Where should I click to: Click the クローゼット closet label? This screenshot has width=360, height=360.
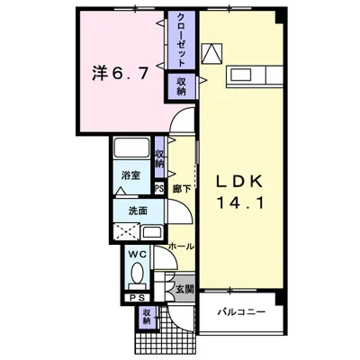tap(181, 40)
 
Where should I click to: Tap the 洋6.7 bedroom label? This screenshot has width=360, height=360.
tap(121, 73)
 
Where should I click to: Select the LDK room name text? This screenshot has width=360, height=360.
tap(240, 181)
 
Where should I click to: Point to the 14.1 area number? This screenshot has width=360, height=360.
tap(240, 203)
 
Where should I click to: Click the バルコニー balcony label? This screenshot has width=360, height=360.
tap(241, 312)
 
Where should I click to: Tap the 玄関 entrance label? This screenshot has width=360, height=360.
tap(184, 289)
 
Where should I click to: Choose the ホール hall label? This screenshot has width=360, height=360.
tap(181, 247)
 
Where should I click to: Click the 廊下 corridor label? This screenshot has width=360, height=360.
tap(182, 189)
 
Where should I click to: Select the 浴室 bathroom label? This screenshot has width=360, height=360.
tap(131, 175)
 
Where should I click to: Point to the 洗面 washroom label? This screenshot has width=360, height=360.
tap(138, 211)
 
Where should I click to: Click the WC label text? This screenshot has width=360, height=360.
tap(138, 255)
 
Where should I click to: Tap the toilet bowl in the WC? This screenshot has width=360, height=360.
tap(138, 274)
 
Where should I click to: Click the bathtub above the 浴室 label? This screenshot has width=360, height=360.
tap(131, 147)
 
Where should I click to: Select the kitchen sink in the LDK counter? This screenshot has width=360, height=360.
tap(240, 75)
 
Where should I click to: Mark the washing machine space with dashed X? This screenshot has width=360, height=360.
tap(126, 231)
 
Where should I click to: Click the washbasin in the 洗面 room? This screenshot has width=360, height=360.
tap(152, 232)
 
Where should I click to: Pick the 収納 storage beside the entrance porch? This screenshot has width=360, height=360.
tap(147, 317)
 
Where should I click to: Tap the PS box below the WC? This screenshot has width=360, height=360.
tap(137, 298)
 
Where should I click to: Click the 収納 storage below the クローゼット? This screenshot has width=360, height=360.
tap(181, 86)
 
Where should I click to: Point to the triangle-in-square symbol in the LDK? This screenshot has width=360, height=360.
tap(211, 53)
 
